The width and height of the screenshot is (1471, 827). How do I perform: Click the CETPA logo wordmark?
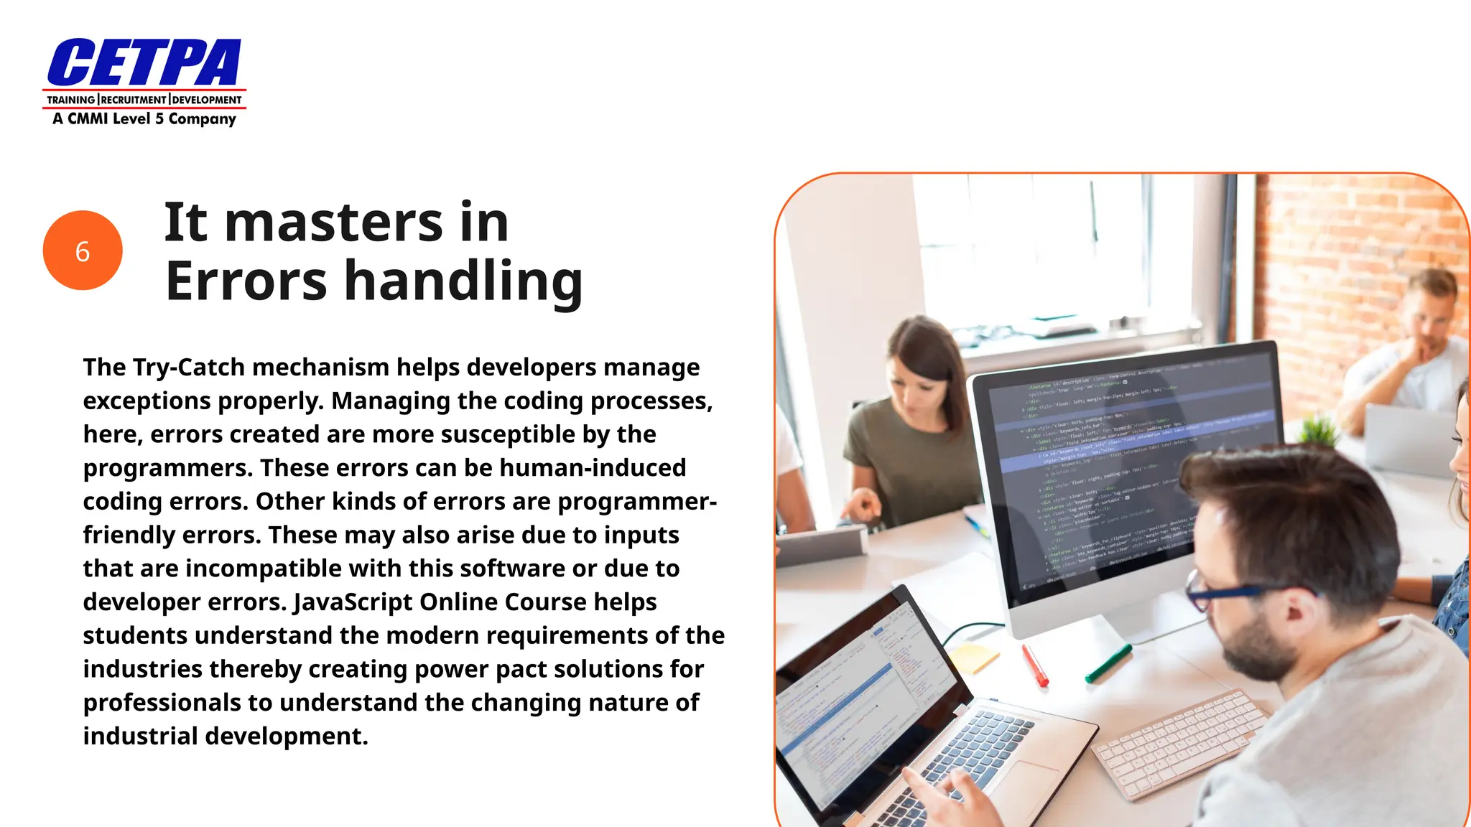(x=144, y=62)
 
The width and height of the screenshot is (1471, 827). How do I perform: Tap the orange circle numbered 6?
(x=83, y=251)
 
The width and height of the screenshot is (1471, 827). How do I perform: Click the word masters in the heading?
(x=333, y=223)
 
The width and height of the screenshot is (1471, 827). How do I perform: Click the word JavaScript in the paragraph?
(x=353, y=602)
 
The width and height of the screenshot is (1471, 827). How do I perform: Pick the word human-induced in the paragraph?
(x=593, y=468)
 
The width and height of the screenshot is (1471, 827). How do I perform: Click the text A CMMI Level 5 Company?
(x=144, y=119)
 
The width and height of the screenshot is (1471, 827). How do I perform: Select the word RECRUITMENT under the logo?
(x=134, y=100)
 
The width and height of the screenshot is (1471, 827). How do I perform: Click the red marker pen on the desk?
(x=1035, y=665)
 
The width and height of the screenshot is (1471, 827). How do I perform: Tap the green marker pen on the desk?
(x=1108, y=663)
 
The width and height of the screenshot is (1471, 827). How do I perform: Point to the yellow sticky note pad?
(x=973, y=657)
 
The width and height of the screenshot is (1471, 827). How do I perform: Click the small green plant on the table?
(x=1320, y=430)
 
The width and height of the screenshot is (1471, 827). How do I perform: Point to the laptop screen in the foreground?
(x=862, y=682)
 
